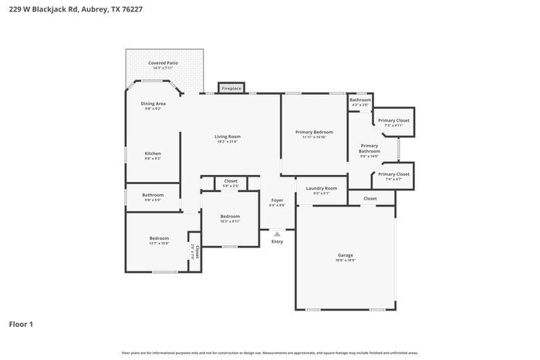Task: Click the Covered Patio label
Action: [163, 63]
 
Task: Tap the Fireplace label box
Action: [231, 89]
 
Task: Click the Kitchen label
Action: [153, 155]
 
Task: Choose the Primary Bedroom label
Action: [315, 133]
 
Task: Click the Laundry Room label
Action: [321, 190]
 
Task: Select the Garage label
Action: [345, 257]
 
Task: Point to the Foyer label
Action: [277, 202]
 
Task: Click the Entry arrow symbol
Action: [277, 232]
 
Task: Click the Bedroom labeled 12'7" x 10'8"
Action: [159, 241]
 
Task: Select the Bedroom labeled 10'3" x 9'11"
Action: [230, 218]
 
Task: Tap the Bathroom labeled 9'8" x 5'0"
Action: [153, 197]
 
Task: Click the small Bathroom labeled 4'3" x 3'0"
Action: [359, 102]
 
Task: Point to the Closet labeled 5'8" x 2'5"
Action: [231, 183]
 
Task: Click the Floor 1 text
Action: [21, 324]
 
